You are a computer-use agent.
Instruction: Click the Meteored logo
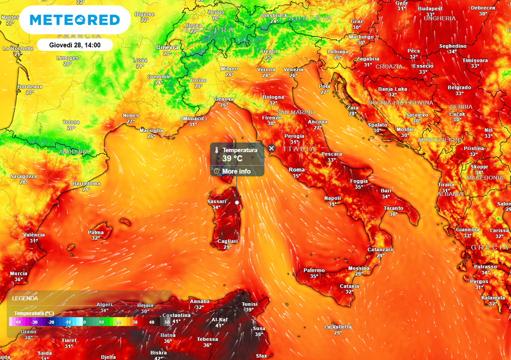[75, 20]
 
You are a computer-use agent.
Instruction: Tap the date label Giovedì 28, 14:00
[75, 45]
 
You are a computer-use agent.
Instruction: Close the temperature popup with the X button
[271, 148]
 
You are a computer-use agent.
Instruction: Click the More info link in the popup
[237, 172]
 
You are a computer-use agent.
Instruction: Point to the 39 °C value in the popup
[233, 159]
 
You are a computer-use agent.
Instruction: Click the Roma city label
[296, 170]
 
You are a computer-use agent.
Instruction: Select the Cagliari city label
[228, 241]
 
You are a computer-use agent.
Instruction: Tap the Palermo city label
[314, 270]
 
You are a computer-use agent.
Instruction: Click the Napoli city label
[332, 198]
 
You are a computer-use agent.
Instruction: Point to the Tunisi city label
[250, 304]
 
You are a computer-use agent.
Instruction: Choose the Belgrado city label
[459, 87]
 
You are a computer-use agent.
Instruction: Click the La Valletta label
[338, 327]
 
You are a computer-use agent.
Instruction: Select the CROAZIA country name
[389, 66]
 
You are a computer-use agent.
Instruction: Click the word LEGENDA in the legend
[25, 298]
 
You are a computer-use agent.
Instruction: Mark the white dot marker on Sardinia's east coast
[237, 202]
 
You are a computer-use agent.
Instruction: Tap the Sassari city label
[217, 201]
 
